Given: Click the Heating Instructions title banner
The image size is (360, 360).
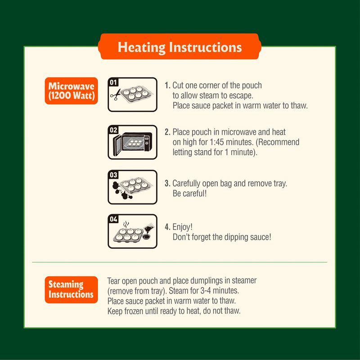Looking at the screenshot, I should click(x=180, y=47).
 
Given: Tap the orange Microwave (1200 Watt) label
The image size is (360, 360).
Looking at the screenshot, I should click(x=71, y=91).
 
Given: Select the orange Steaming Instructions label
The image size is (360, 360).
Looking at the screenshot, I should click(x=71, y=289).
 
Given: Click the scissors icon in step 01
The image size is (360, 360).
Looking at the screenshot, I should click(x=116, y=95).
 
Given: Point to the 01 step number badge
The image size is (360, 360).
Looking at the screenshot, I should click(x=113, y=82).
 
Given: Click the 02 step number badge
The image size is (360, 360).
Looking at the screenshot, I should click(x=113, y=130).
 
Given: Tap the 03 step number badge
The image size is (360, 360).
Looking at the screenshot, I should click(x=113, y=175).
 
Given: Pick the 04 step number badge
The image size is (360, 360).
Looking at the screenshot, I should click(x=113, y=219).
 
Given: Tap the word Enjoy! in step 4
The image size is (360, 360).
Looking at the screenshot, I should click(x=183, y=227).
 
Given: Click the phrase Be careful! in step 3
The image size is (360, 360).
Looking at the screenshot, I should click(x=189, y=193).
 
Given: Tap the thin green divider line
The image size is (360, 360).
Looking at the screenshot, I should click(x=180, y=262).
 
